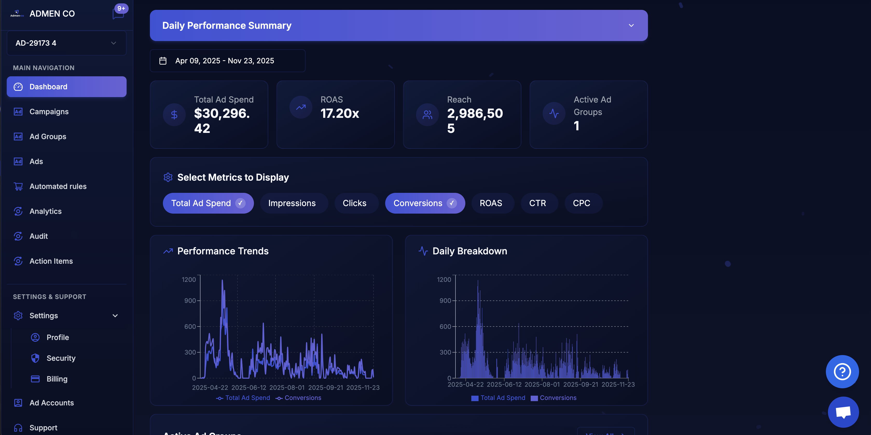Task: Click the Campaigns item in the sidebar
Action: click(49, 112)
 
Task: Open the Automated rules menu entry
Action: click(58, 186)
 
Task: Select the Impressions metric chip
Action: click(292, 203)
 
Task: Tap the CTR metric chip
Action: click(537, 203)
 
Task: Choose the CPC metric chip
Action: click(581, 203)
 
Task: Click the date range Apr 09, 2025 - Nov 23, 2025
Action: click(225, 61)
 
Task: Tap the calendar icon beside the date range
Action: click(163, 61)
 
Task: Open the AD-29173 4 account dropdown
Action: click(66, 43)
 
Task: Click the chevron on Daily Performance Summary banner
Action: click(631, 26)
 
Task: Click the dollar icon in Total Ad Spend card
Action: click(174, 115)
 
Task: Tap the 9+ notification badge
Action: click(121, 9)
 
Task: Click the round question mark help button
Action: click(842, 371)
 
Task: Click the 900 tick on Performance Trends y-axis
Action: click(190, 301)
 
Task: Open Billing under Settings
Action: click(57, 379)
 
